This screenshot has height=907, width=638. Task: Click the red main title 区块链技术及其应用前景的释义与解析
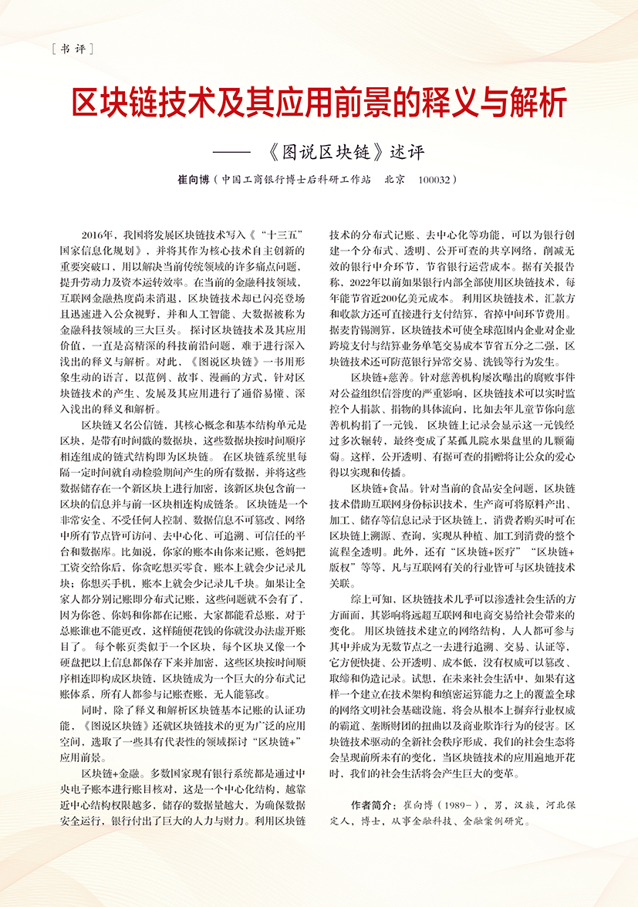(x=319, y=103)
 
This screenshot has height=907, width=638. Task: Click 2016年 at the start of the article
(x=96, y=233)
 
